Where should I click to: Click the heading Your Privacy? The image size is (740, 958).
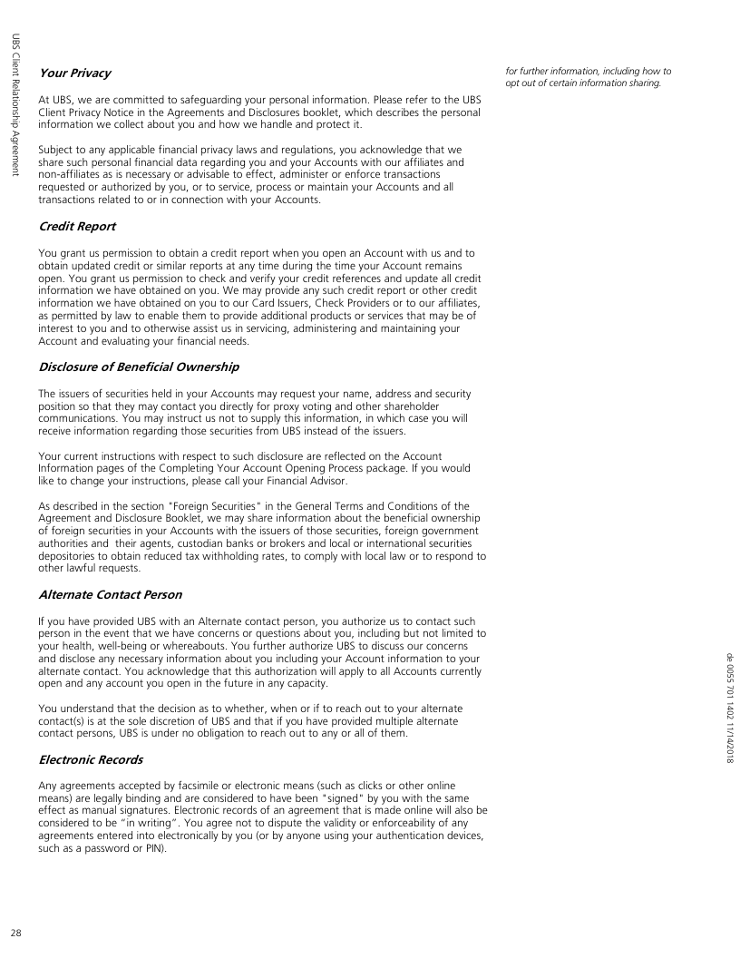74,73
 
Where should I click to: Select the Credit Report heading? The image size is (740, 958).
77,226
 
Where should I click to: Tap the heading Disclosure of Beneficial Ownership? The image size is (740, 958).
139,367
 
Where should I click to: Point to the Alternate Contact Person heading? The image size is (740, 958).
110,594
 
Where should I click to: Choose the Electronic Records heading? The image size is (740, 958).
91,758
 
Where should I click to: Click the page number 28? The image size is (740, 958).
16,933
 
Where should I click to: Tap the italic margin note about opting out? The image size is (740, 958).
589,77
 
